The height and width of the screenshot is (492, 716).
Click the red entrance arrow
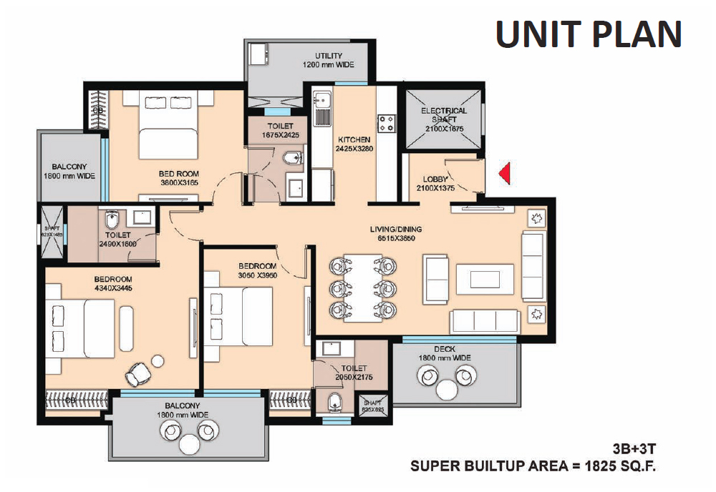coord(505,173)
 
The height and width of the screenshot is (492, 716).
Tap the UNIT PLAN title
coord(589,34)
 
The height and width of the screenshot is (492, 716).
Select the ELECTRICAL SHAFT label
coord(444,115)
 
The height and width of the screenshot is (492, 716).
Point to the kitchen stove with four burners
coord(387,124)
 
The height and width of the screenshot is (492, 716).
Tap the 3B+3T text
coord(633,451)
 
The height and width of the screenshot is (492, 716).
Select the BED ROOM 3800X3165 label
coord(179,178)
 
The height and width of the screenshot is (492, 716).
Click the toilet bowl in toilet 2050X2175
coord(334,405)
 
